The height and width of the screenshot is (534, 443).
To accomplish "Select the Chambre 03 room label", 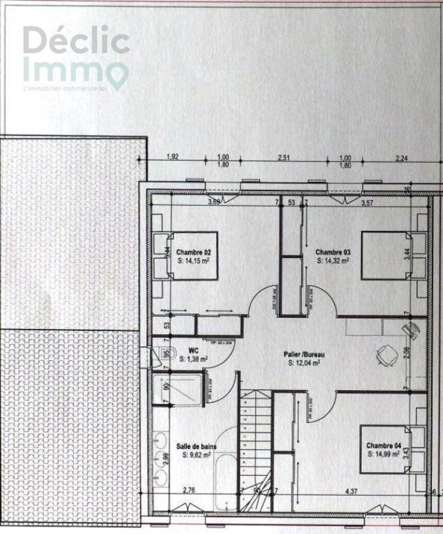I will click(333, 252).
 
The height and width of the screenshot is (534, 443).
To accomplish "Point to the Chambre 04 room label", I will click(383, 445).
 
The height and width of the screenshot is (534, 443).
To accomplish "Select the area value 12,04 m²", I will click(304, 364).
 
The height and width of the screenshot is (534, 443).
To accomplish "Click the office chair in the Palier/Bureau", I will click(387, 354).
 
